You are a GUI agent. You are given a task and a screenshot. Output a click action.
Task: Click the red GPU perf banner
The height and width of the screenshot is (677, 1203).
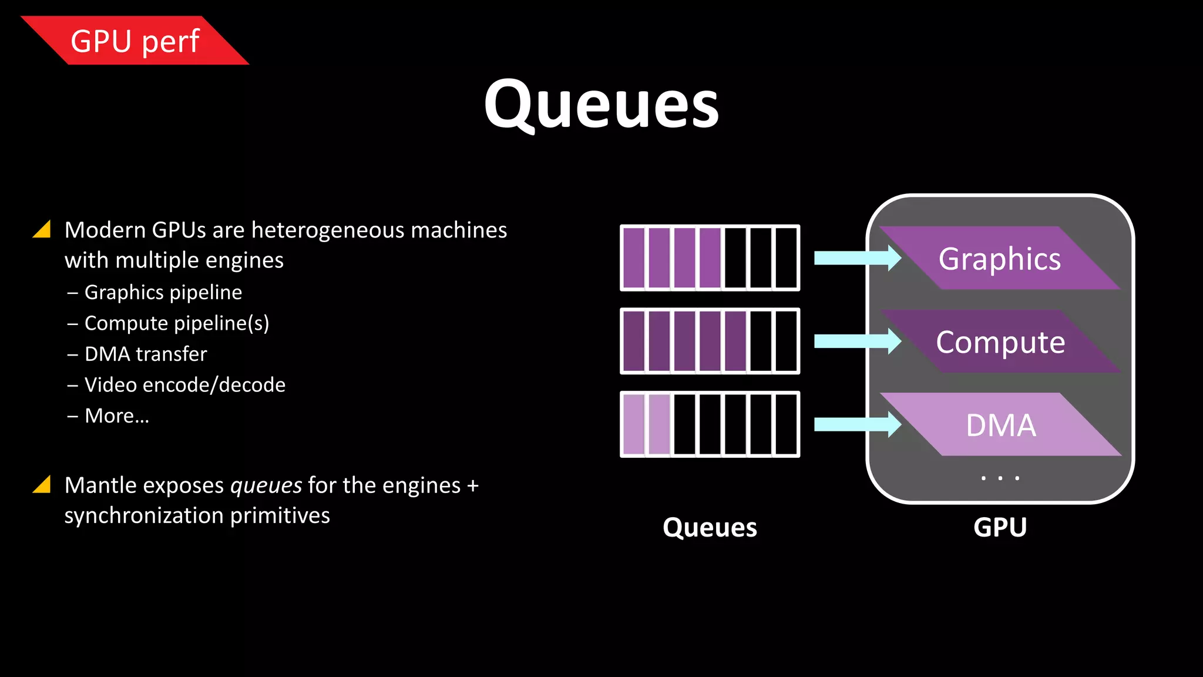[135, 41]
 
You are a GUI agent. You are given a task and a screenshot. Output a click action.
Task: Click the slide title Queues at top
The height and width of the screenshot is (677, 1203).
[601, 105]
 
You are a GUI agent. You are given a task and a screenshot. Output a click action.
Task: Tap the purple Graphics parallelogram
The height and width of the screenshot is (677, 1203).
[1000, 259]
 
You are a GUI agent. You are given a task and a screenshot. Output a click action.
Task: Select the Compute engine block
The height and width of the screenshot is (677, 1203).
[1000, 342]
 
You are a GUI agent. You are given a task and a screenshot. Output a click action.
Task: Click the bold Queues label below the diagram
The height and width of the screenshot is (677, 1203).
[710, 527]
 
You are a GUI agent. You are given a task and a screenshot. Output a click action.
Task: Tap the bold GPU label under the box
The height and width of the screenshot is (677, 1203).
[1000, 527]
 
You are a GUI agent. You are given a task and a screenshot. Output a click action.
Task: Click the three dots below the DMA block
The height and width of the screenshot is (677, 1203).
[1000, 478]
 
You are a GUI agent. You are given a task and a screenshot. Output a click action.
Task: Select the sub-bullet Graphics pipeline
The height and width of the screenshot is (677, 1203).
[163, 292]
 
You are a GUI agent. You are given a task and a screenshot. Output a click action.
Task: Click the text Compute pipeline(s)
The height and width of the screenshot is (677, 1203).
[176, 323]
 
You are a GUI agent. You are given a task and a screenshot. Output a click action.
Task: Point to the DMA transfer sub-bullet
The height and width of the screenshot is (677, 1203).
[145, 354]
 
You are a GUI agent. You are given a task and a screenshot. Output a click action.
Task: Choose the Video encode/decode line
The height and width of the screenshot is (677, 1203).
[184, 385]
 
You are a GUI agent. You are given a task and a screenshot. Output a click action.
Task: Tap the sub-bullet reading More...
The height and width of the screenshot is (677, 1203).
[116, 416]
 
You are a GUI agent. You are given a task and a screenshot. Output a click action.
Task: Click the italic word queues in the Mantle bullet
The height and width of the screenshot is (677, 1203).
[266, 486]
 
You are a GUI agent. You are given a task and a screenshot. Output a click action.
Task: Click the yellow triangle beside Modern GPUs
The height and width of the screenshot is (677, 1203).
[42, 229]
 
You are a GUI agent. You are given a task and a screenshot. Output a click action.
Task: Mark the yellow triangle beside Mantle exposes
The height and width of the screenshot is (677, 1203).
[42, 484]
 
